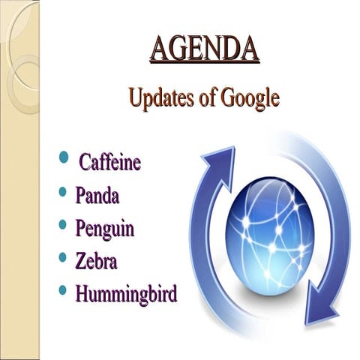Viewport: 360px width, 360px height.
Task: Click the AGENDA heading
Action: [205, 49]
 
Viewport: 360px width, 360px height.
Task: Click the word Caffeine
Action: [110, 163]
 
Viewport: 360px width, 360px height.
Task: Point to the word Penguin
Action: [105, 229]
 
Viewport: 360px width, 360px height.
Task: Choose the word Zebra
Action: [97, 261]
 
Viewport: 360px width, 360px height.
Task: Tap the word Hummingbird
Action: [126, 294]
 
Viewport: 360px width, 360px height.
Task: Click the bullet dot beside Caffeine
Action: [63, 159]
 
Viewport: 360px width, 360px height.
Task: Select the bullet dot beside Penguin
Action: [63, 225]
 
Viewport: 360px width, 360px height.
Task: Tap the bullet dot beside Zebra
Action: [63, 258]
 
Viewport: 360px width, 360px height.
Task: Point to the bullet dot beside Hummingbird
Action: [63, 290]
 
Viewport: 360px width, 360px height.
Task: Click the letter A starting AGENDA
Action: [160, 49]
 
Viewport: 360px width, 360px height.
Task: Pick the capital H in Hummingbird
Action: [83, 293]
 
